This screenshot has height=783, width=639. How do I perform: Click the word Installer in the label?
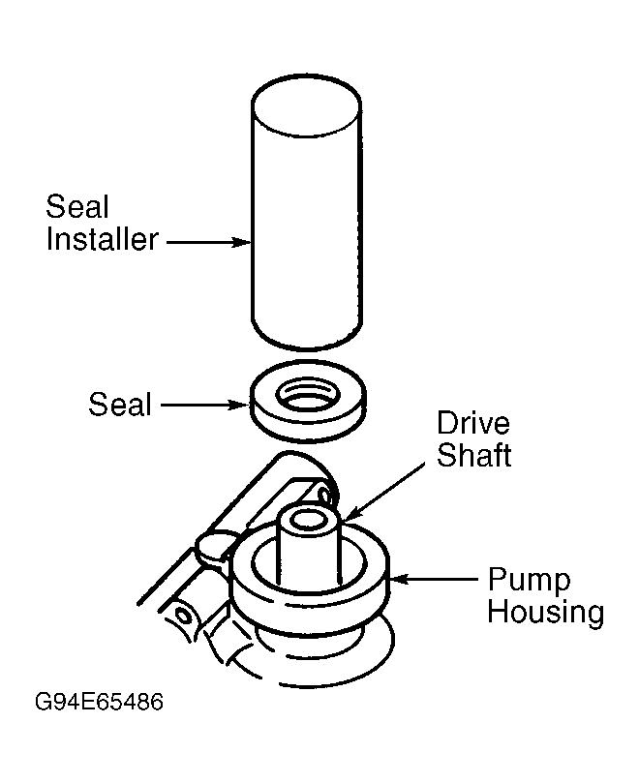click(103, 239)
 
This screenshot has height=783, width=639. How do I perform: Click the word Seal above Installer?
click(77, 206)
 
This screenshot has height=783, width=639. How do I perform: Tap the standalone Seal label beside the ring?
click(120, 404)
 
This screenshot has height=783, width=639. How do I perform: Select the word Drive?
click(473, 423)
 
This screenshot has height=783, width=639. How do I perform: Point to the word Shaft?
click(474, 455)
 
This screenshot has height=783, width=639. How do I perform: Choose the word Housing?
click(546, 614)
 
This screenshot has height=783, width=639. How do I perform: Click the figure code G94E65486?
click(99, 702)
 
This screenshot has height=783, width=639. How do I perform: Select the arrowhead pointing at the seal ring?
click(239, 405)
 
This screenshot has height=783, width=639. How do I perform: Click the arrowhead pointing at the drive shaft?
click(351, 514)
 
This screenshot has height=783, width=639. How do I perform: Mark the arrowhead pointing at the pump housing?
click(400, 579)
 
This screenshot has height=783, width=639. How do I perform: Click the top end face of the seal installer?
click(306, 105)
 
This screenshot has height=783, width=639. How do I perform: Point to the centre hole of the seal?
click(307, 395)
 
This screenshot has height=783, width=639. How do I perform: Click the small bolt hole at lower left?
click(184, 617)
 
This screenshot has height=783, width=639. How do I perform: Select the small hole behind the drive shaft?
click(324, 496)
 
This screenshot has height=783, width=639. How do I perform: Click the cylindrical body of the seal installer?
click(306, 234)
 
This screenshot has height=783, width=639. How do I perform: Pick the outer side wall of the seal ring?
click(307, 424)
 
